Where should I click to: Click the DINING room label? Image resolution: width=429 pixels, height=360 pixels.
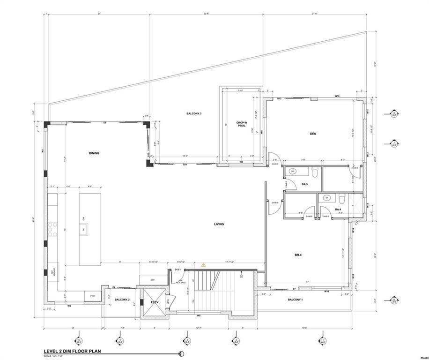click(94, 153)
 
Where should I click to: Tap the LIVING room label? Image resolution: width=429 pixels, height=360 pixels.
click(219, 224)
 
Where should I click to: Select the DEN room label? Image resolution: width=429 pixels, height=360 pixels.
click(313, 134)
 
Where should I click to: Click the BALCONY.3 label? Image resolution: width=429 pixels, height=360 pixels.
click(194, 114)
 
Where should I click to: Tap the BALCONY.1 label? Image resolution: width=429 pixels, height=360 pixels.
click(295, 300)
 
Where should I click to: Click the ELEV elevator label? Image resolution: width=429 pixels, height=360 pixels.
click(155, 302)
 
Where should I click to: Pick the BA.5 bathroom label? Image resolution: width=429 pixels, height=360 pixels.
click(304, 185)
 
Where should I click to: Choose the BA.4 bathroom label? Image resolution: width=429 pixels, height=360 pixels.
click(337, 210)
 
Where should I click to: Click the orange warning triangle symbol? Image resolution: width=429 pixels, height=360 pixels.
click(203, 265)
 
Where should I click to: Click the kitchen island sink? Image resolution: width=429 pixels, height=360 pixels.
click(84, 229)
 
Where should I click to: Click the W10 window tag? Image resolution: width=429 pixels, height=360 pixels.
click(337, 96)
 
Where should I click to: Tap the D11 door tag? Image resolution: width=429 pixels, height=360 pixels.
click(185, 165)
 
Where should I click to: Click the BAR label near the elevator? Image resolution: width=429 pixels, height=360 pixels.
click(153, 280)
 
